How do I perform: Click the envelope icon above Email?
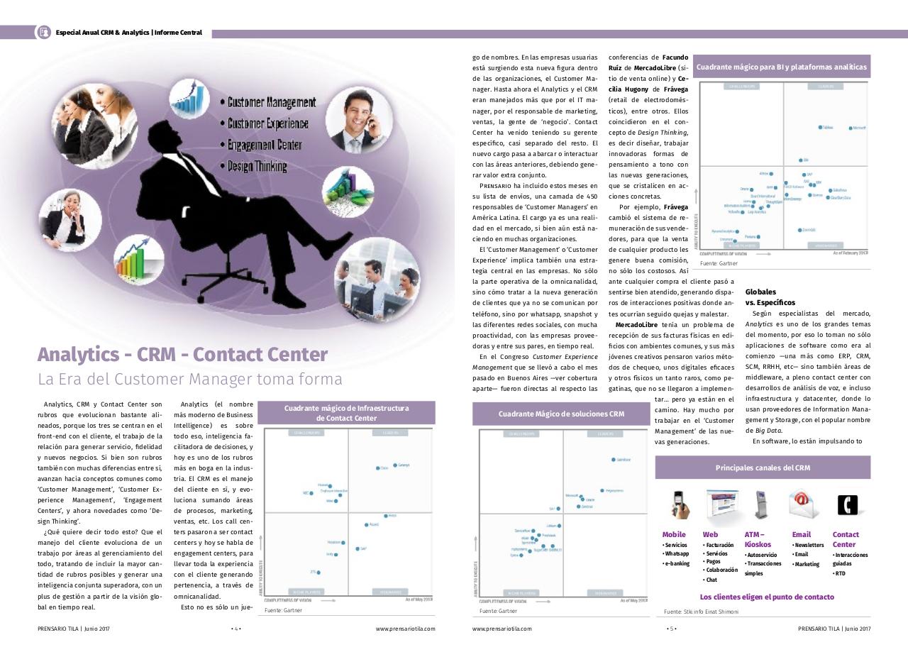click(x=804, y=504)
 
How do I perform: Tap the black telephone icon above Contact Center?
click(x=847, y=504)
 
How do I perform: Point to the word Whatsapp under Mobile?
click(x=677, y=554)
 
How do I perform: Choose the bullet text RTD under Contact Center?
click(x=841, y=573)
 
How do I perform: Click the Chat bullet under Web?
click(x=712, y=580)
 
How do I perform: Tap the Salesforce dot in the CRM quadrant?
click(x=613, y=460)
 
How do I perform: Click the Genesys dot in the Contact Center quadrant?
click(x=395, y=465)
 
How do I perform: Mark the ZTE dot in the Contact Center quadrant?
click(x=319, y=572)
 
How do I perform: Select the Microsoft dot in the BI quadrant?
click(x=851, y=128)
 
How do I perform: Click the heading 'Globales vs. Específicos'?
click(x=770, y=297)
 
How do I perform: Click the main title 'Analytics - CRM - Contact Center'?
click(x=183, y=354)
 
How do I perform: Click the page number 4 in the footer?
click(x=236, y=629)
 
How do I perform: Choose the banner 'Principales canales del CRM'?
click(x=763, y=468)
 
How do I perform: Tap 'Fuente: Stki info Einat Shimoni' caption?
click(x=701, y=612)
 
